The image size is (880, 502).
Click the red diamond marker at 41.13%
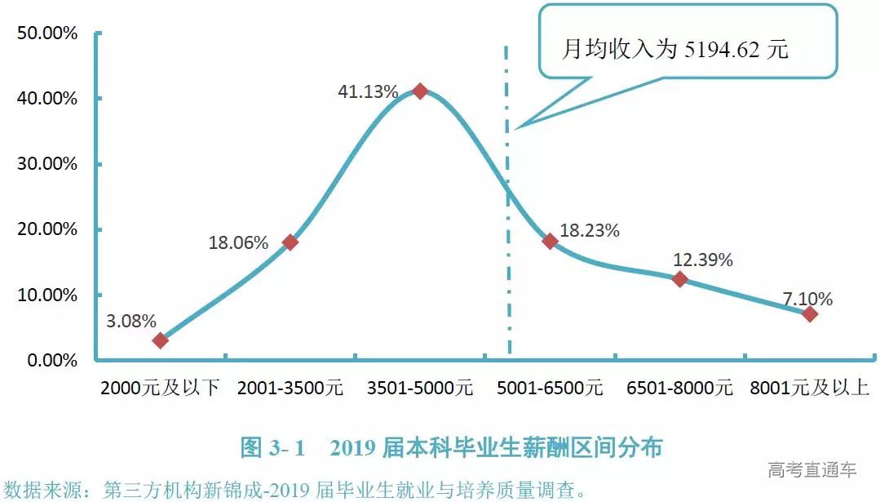[420, 91]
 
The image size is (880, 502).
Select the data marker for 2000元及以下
[161, 340]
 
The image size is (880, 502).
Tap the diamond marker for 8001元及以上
[809, 314]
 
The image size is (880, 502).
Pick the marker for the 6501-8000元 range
[679, 279]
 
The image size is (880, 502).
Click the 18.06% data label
[239, 242]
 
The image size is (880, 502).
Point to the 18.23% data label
[590, 231]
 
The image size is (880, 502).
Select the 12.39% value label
[702, 260]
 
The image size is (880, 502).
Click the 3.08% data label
[131, 321]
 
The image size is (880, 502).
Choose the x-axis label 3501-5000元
[420, 388]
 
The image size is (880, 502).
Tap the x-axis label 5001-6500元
[550, 388]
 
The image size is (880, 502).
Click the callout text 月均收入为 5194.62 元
[675, 50]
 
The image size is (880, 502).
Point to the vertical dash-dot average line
[507, 245]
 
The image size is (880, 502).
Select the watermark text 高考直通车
[811, 470]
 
